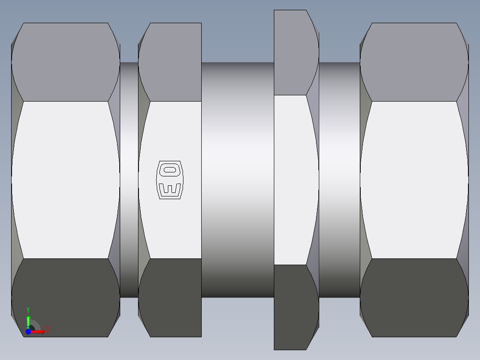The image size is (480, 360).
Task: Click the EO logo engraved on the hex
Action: tap(169, 180)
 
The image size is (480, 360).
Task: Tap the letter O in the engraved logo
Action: tap(170, 169)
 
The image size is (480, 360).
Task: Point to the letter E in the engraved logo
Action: tap(170, 189)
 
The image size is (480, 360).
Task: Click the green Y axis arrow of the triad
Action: tap(28, 320)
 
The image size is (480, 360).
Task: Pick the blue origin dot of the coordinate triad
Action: tap(28, 331)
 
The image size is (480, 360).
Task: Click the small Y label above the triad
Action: tap(28, 309)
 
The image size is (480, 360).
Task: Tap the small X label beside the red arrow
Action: tap(47, 330)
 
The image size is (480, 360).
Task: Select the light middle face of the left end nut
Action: tap(65, 180)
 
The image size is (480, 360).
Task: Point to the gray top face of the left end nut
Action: tap(65, 62)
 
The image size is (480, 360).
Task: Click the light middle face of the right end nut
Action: tap(414, 180)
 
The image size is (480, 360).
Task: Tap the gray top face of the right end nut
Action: tap(414, 62)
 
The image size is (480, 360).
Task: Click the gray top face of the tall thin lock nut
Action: tap(294, 53)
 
